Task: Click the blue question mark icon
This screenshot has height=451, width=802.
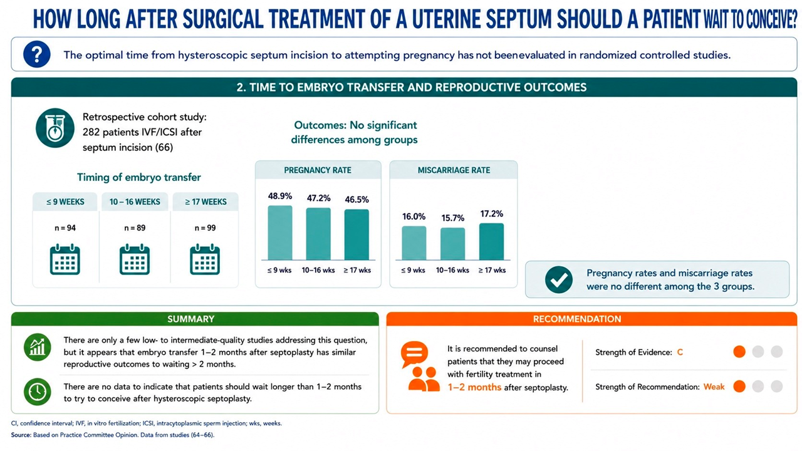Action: pos(37,54)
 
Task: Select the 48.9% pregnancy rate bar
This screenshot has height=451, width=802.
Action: pos(280,232)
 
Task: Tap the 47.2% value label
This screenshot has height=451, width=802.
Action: pos(319,199)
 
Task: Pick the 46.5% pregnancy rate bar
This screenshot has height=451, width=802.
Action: pos(357,234)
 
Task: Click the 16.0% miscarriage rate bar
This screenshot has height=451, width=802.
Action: pos(414,243)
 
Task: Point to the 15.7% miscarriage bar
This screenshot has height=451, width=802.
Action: pos(452,244)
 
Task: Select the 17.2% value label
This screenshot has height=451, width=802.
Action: pos(492,214)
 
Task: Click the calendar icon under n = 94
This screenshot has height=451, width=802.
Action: pos(65,259)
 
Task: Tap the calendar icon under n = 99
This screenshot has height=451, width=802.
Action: pos(205,259)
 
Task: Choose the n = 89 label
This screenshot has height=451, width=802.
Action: pos(135,228)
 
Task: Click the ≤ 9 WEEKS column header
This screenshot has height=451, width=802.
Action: pos(65,202)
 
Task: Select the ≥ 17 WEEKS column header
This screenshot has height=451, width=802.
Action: pos(206,202)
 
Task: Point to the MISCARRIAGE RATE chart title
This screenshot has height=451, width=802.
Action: pos(454,170)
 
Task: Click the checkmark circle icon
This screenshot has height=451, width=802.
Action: pos(558,279)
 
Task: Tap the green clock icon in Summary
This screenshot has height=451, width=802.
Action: pos(37,391)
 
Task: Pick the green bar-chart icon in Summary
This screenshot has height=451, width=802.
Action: pos(37,347)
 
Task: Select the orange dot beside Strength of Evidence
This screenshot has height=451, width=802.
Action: pos(739,352)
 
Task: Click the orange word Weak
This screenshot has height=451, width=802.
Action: pos(714,387)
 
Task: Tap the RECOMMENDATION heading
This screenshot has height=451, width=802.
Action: pos(577,319)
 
